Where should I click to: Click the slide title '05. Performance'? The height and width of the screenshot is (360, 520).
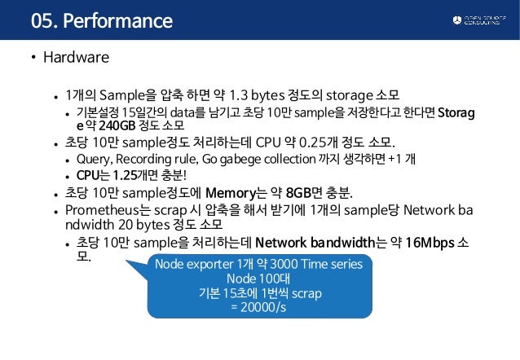[x=101, y=20]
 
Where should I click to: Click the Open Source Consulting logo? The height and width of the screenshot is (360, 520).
[x=480, y=20]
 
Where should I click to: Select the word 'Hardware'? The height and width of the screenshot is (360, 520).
[x=76, y=59]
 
